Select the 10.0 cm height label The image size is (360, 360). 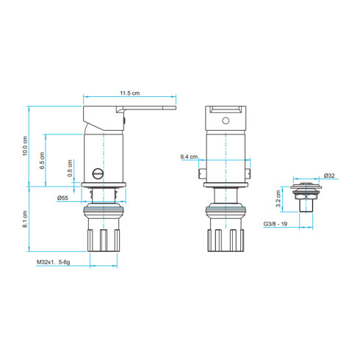click(25, 145)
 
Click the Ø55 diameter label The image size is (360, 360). click(63, 198)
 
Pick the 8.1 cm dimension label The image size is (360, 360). click(25, 218)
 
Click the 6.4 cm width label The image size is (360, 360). click(189, 156)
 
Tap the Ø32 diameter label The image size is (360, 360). click(329, 176)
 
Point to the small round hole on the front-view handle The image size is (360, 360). click(225, 118)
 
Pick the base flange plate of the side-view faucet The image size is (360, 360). click(103, 184)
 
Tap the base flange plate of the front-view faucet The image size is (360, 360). click(225, 184)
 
